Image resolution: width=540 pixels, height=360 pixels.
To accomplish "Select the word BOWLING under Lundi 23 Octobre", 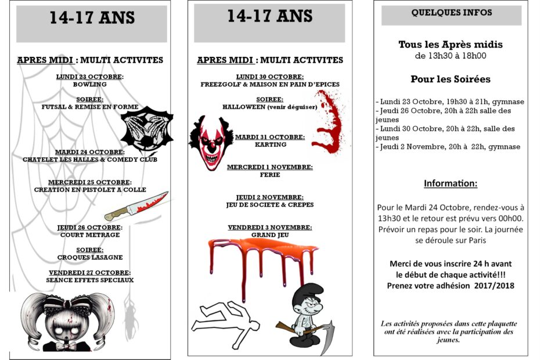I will click(x=90, y=84).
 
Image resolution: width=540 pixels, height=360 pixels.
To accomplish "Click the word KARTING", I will click(x=270, y=145).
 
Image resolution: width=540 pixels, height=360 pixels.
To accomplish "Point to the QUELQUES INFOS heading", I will click(x=451, y=13).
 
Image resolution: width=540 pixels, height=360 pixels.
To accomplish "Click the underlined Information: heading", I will click(x=451, y=183).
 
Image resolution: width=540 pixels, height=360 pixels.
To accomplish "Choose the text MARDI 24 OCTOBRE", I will click(x=90, y=152).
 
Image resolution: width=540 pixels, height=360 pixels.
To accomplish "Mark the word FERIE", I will click(x=269, y=175).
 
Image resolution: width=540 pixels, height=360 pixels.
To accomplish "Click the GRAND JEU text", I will click(x=270, y=235).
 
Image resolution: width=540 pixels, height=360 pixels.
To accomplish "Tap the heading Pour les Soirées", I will click(x=451, y=79).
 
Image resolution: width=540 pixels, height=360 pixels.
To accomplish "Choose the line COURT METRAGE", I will click(x=90, y=235).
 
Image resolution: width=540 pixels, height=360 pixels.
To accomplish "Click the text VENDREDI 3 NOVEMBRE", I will click(x=270, y=227).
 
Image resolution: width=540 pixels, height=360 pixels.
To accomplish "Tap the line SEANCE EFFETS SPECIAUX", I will click(x=90, y=280).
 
